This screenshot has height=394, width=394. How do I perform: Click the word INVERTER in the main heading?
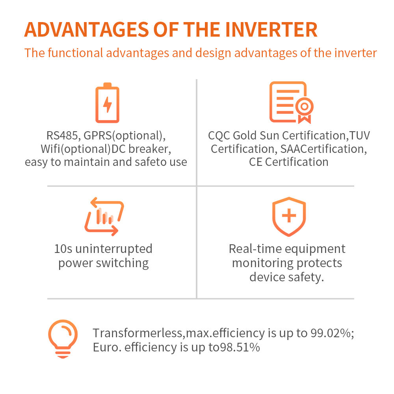271,30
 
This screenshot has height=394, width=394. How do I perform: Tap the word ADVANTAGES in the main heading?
87,30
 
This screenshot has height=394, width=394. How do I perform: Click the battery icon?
107,102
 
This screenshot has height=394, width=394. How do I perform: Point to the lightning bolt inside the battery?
108,104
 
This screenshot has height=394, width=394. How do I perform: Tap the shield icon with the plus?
289,217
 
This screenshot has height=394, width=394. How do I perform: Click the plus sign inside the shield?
289,216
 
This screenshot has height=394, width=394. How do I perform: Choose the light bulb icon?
63,339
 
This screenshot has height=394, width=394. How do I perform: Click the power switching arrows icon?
104,216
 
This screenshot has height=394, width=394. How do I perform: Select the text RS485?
62,136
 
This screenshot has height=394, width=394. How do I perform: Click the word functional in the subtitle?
75,53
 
